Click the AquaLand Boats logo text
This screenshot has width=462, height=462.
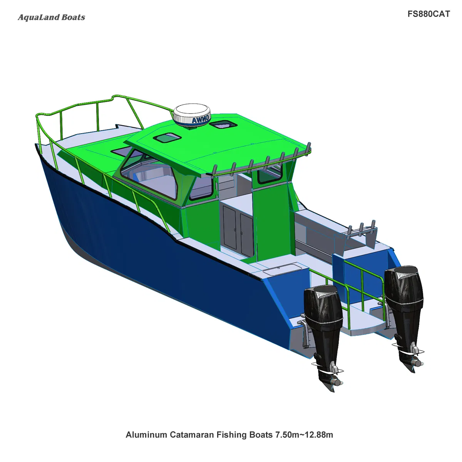[51, 17]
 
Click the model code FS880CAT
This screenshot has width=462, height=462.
[429, 14]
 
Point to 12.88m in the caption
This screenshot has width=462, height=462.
[317, 435]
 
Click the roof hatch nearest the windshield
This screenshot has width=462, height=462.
[167, 137]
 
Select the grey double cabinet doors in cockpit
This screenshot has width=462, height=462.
[238, 230]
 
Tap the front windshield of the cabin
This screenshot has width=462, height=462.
[148, 173]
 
